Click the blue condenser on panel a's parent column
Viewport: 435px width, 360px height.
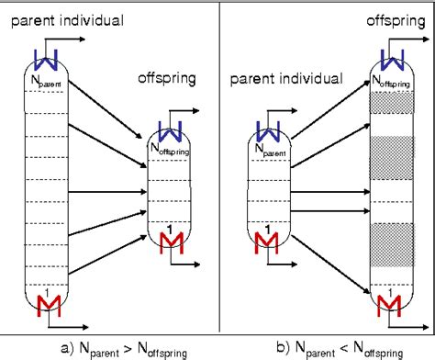pyautogui.click(x=46, y=58)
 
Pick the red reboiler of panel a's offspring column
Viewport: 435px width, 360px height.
pyautogui.click(x=171, y=242)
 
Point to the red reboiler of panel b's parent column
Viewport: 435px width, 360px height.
pyautogui.click(x=265, y=242)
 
